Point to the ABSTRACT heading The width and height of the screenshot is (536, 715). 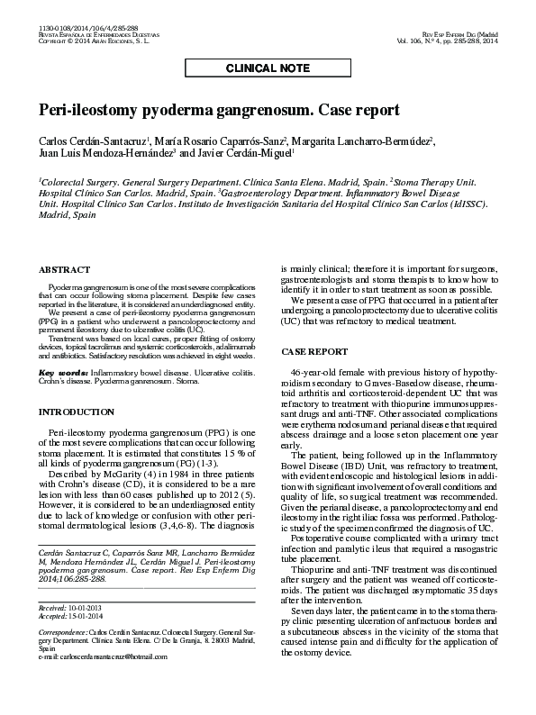click(64, 269)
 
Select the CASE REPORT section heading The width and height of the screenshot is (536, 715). click(314, 350)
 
